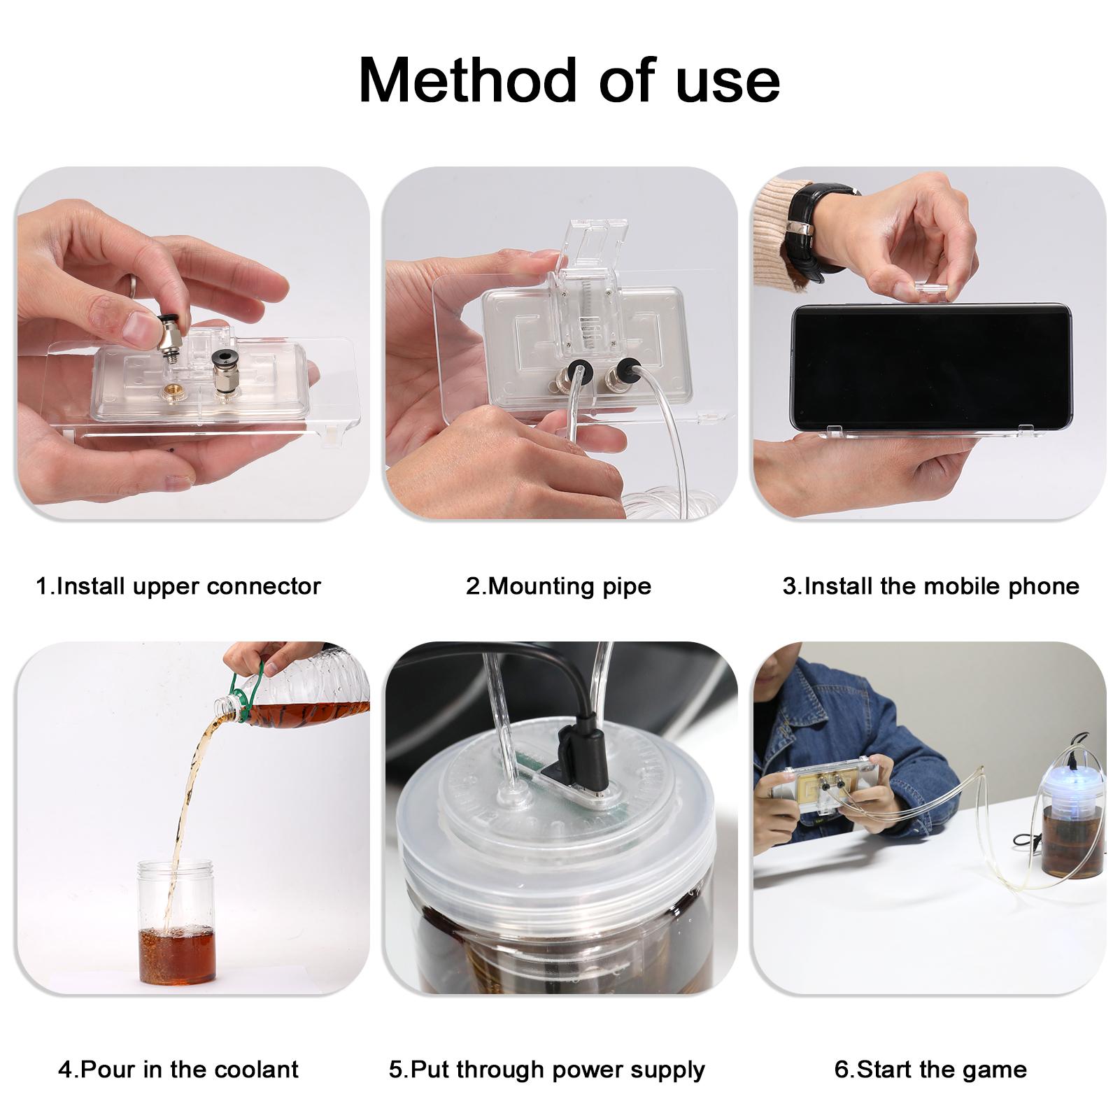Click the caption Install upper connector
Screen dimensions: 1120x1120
point(178,586)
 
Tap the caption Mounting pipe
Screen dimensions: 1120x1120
point(559,586)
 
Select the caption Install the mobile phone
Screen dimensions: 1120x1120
point(931,586)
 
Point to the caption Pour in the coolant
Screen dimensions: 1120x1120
point(178,1069)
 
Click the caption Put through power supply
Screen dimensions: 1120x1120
point(547,1069)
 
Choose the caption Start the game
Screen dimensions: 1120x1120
point(931,1069)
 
